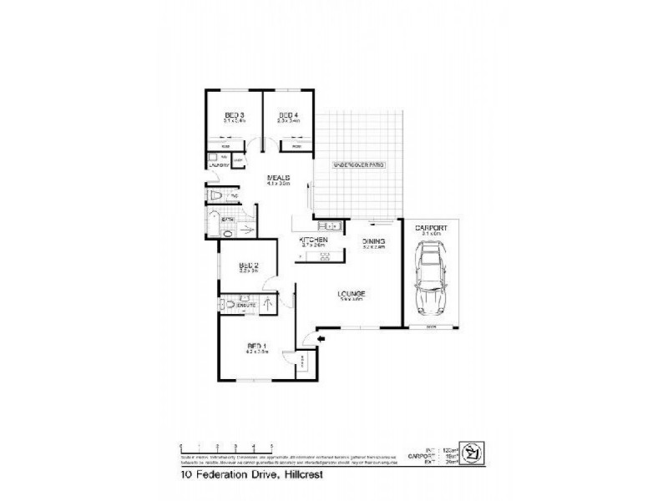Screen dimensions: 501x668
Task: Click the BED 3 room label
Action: coord(234,114)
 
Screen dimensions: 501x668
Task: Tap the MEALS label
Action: coord(278,178)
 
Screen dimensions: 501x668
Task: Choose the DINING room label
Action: coord(372,240)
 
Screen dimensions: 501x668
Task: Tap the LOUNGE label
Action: coord(349,293)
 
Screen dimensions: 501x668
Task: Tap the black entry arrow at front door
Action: coord(308,338)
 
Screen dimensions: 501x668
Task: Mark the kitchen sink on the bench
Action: coord(331,225)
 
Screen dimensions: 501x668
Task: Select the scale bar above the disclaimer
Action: coord(227,447)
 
